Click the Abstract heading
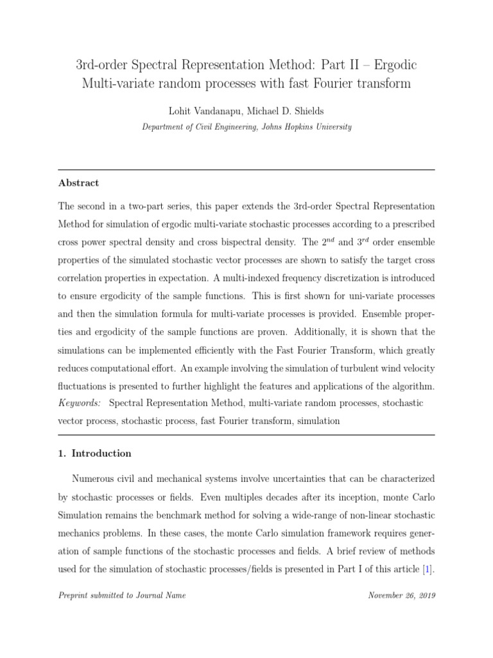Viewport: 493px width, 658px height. (x=78, y=183)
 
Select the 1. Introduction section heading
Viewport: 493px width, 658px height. (x=94, y=454)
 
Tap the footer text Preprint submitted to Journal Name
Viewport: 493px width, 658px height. (x=121, y=596)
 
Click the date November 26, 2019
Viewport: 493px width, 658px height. (x=402, y=596)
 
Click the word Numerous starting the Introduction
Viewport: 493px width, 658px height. (x=95, y=479)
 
